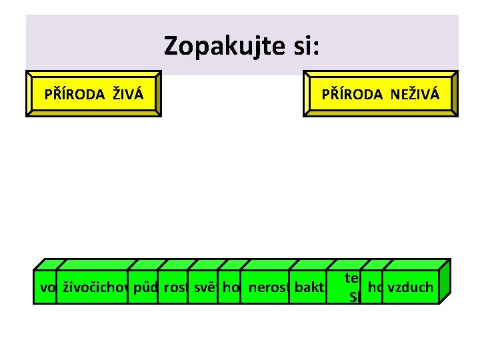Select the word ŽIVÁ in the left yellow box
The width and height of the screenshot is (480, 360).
coord(127,94)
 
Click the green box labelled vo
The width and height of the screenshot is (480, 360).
coord(47,288)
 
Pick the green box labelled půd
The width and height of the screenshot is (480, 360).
coord(144,288)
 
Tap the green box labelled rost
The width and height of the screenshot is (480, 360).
coord(173,288)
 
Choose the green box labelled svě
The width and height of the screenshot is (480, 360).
coord(203,288)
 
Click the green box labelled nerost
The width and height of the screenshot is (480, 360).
coord(265,288)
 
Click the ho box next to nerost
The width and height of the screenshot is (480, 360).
coord(230,288)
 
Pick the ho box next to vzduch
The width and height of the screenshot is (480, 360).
coord(375,288)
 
